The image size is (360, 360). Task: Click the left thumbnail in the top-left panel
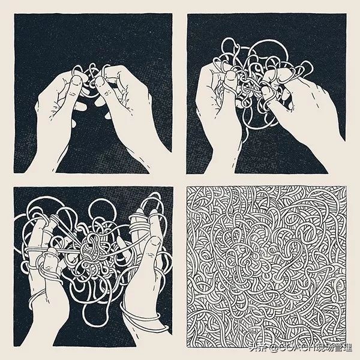pyautogui.click(x=77, y=80)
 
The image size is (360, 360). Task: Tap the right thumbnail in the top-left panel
pyautogui.click(x=100, y=82)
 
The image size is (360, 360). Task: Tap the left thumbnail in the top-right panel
pyautogui.click(x=231, y=76)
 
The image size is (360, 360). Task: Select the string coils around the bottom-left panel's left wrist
pyautogui.click(x=38, y=298)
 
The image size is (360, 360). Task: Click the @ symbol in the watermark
pyautogui.click(x=270, y=348)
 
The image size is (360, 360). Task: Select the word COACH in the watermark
pyautogui.click(x=292, y=348)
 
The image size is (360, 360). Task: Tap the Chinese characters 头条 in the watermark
pyautogui.click(x=257, y=348)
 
